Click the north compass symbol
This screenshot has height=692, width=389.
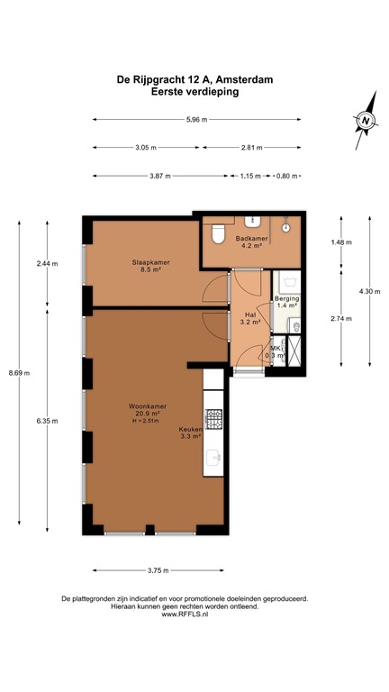[x=365, y=121]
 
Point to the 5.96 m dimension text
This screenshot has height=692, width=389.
[x=195, y=120]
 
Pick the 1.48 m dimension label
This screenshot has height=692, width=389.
[x=341, y=242]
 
